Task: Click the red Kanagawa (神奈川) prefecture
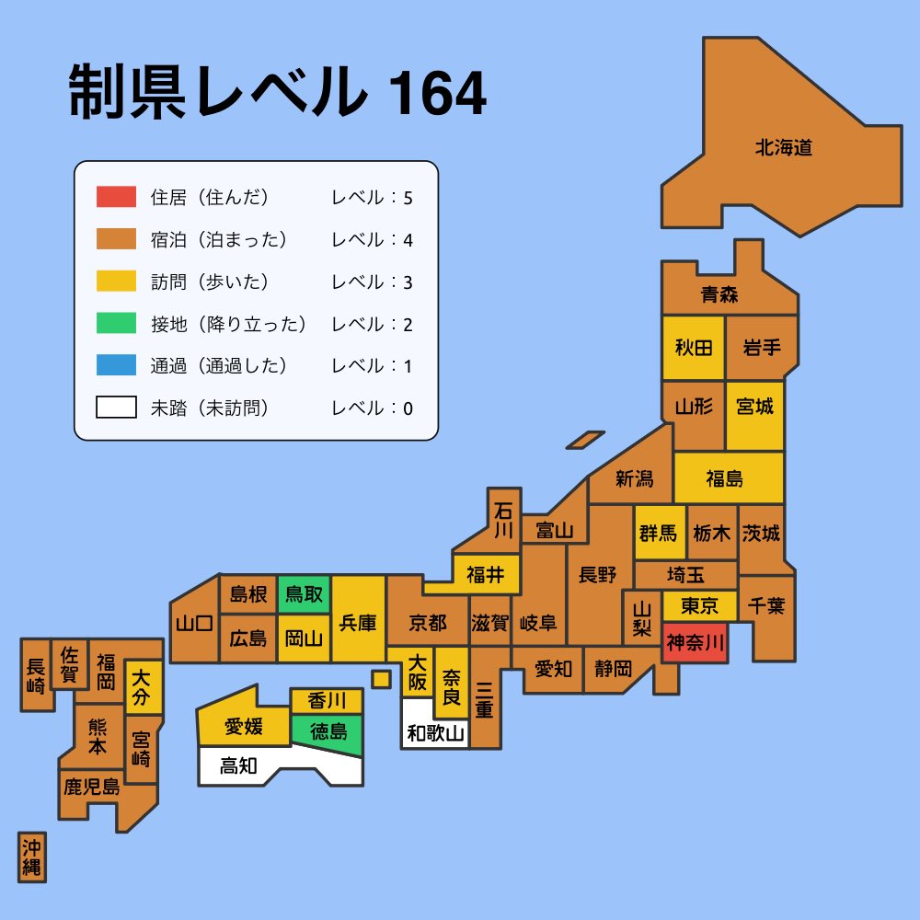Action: (696, 642)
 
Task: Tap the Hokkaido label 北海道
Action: (784, 147)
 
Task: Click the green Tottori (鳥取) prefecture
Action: (304, 595)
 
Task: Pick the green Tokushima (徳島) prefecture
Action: (328, 732)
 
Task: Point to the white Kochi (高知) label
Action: (238, 765)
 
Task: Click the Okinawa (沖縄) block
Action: (32, 857)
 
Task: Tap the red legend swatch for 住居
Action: (116, 197)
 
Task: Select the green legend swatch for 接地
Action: (116, 324)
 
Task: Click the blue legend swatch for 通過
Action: (116, 366)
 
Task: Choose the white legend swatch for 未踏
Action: (116, 408)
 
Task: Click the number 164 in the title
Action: (437, 94)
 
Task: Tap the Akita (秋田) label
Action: (694, 348)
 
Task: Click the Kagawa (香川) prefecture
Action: (328, 701)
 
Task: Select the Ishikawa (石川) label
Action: (502, 520)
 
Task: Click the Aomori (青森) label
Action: (719, 295)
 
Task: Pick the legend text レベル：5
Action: (372, 198)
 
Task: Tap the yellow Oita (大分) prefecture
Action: (142, 687)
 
